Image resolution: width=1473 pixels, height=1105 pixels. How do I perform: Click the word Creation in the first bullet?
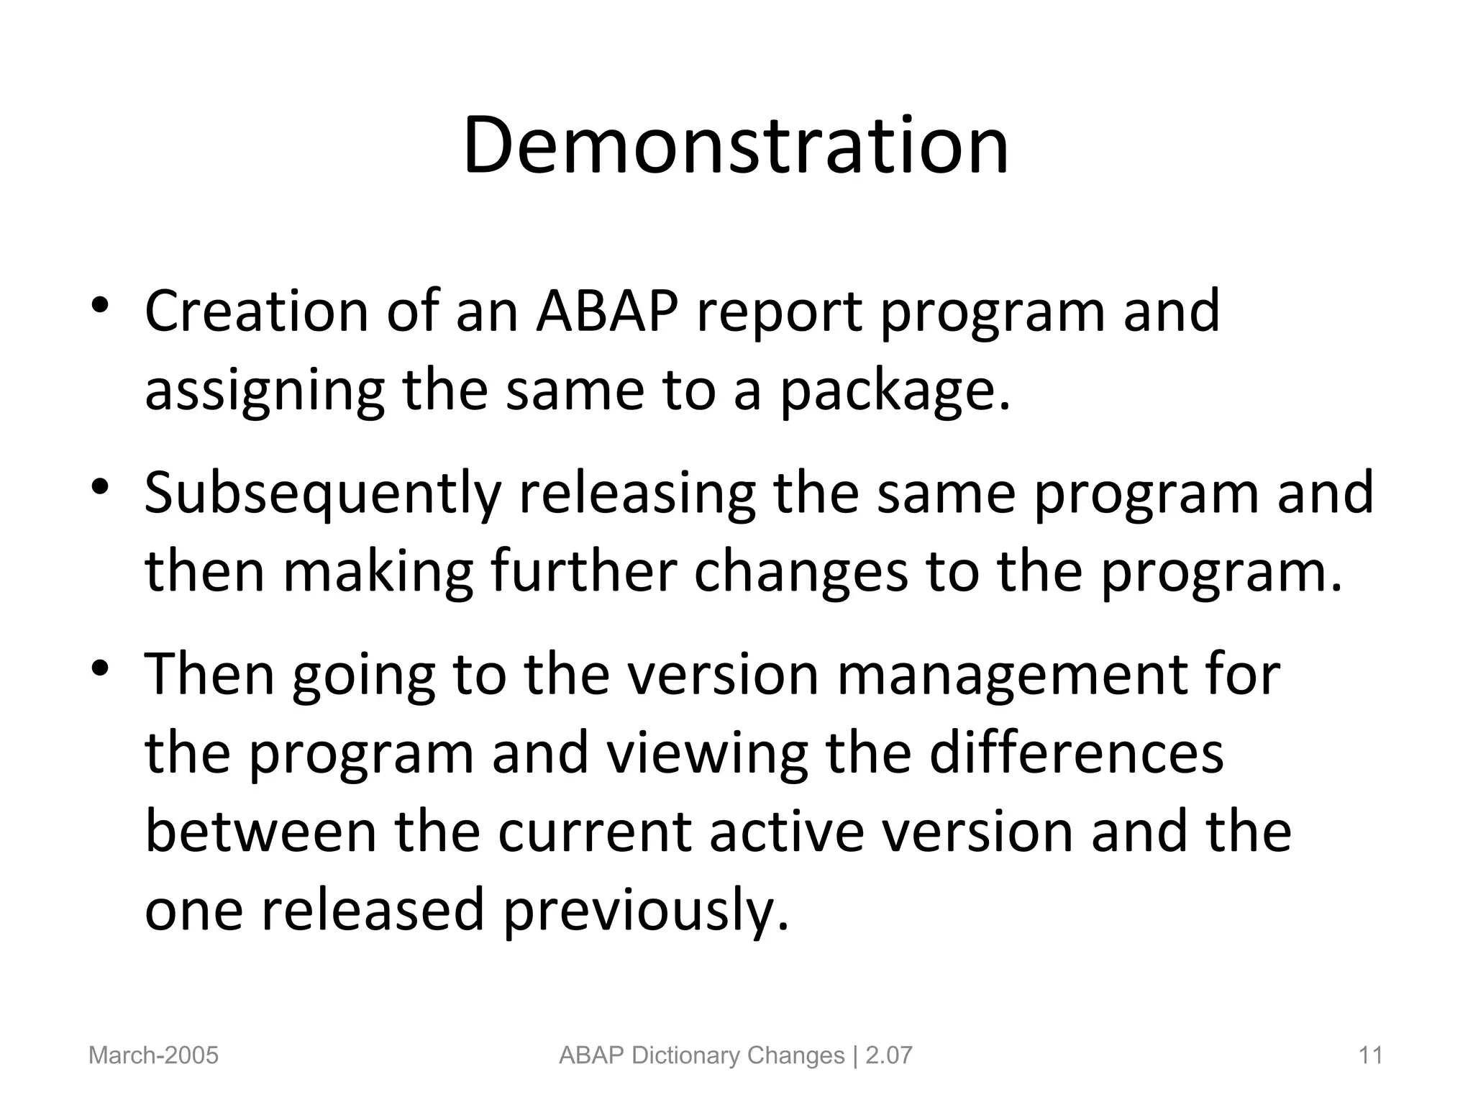[x=256, y=311]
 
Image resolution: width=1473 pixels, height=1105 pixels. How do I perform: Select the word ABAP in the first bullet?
[x=606, y=311]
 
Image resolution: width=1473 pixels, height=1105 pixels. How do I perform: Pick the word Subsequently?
[x=322, y=494]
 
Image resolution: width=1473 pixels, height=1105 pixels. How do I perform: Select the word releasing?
[x=637, y=494]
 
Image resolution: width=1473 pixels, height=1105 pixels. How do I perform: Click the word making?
[x=378, y=573]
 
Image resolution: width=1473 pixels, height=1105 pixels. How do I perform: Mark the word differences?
[x=1077, y=753]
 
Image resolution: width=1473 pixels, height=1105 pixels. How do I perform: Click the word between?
[x=260, y=832]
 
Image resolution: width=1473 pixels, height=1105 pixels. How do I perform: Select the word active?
[x=787, y=832]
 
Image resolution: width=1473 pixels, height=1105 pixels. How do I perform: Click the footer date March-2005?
[x=153, y=1055]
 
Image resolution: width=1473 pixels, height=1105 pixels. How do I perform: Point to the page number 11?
[x=1371, y=1055]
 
